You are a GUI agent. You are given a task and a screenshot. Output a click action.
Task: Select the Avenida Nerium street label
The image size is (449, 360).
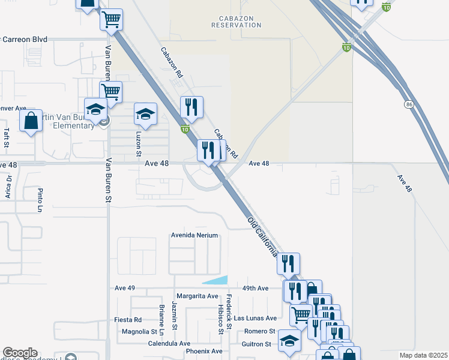[x=194, y=236]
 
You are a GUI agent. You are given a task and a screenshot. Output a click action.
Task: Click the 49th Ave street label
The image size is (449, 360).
[x=255, y=289]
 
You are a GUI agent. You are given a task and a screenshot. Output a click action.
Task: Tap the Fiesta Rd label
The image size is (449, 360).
[x=128, y=320]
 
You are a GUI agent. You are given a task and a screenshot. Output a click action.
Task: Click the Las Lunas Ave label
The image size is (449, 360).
[x=255, y=318]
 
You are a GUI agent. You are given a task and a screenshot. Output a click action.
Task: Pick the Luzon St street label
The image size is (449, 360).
[x=139, y=145]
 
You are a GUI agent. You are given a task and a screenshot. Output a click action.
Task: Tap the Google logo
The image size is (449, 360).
[x=19, y=353]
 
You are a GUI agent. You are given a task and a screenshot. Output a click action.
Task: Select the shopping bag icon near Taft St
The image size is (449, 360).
[x=31, y=121]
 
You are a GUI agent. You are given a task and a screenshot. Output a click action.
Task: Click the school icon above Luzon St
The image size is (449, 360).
[x=145, y=113]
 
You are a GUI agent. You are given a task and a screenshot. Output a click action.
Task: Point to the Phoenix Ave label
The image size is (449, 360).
[x=204, y=351]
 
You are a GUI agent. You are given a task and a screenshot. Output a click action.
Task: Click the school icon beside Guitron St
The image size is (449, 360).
[x=290, y=341]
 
